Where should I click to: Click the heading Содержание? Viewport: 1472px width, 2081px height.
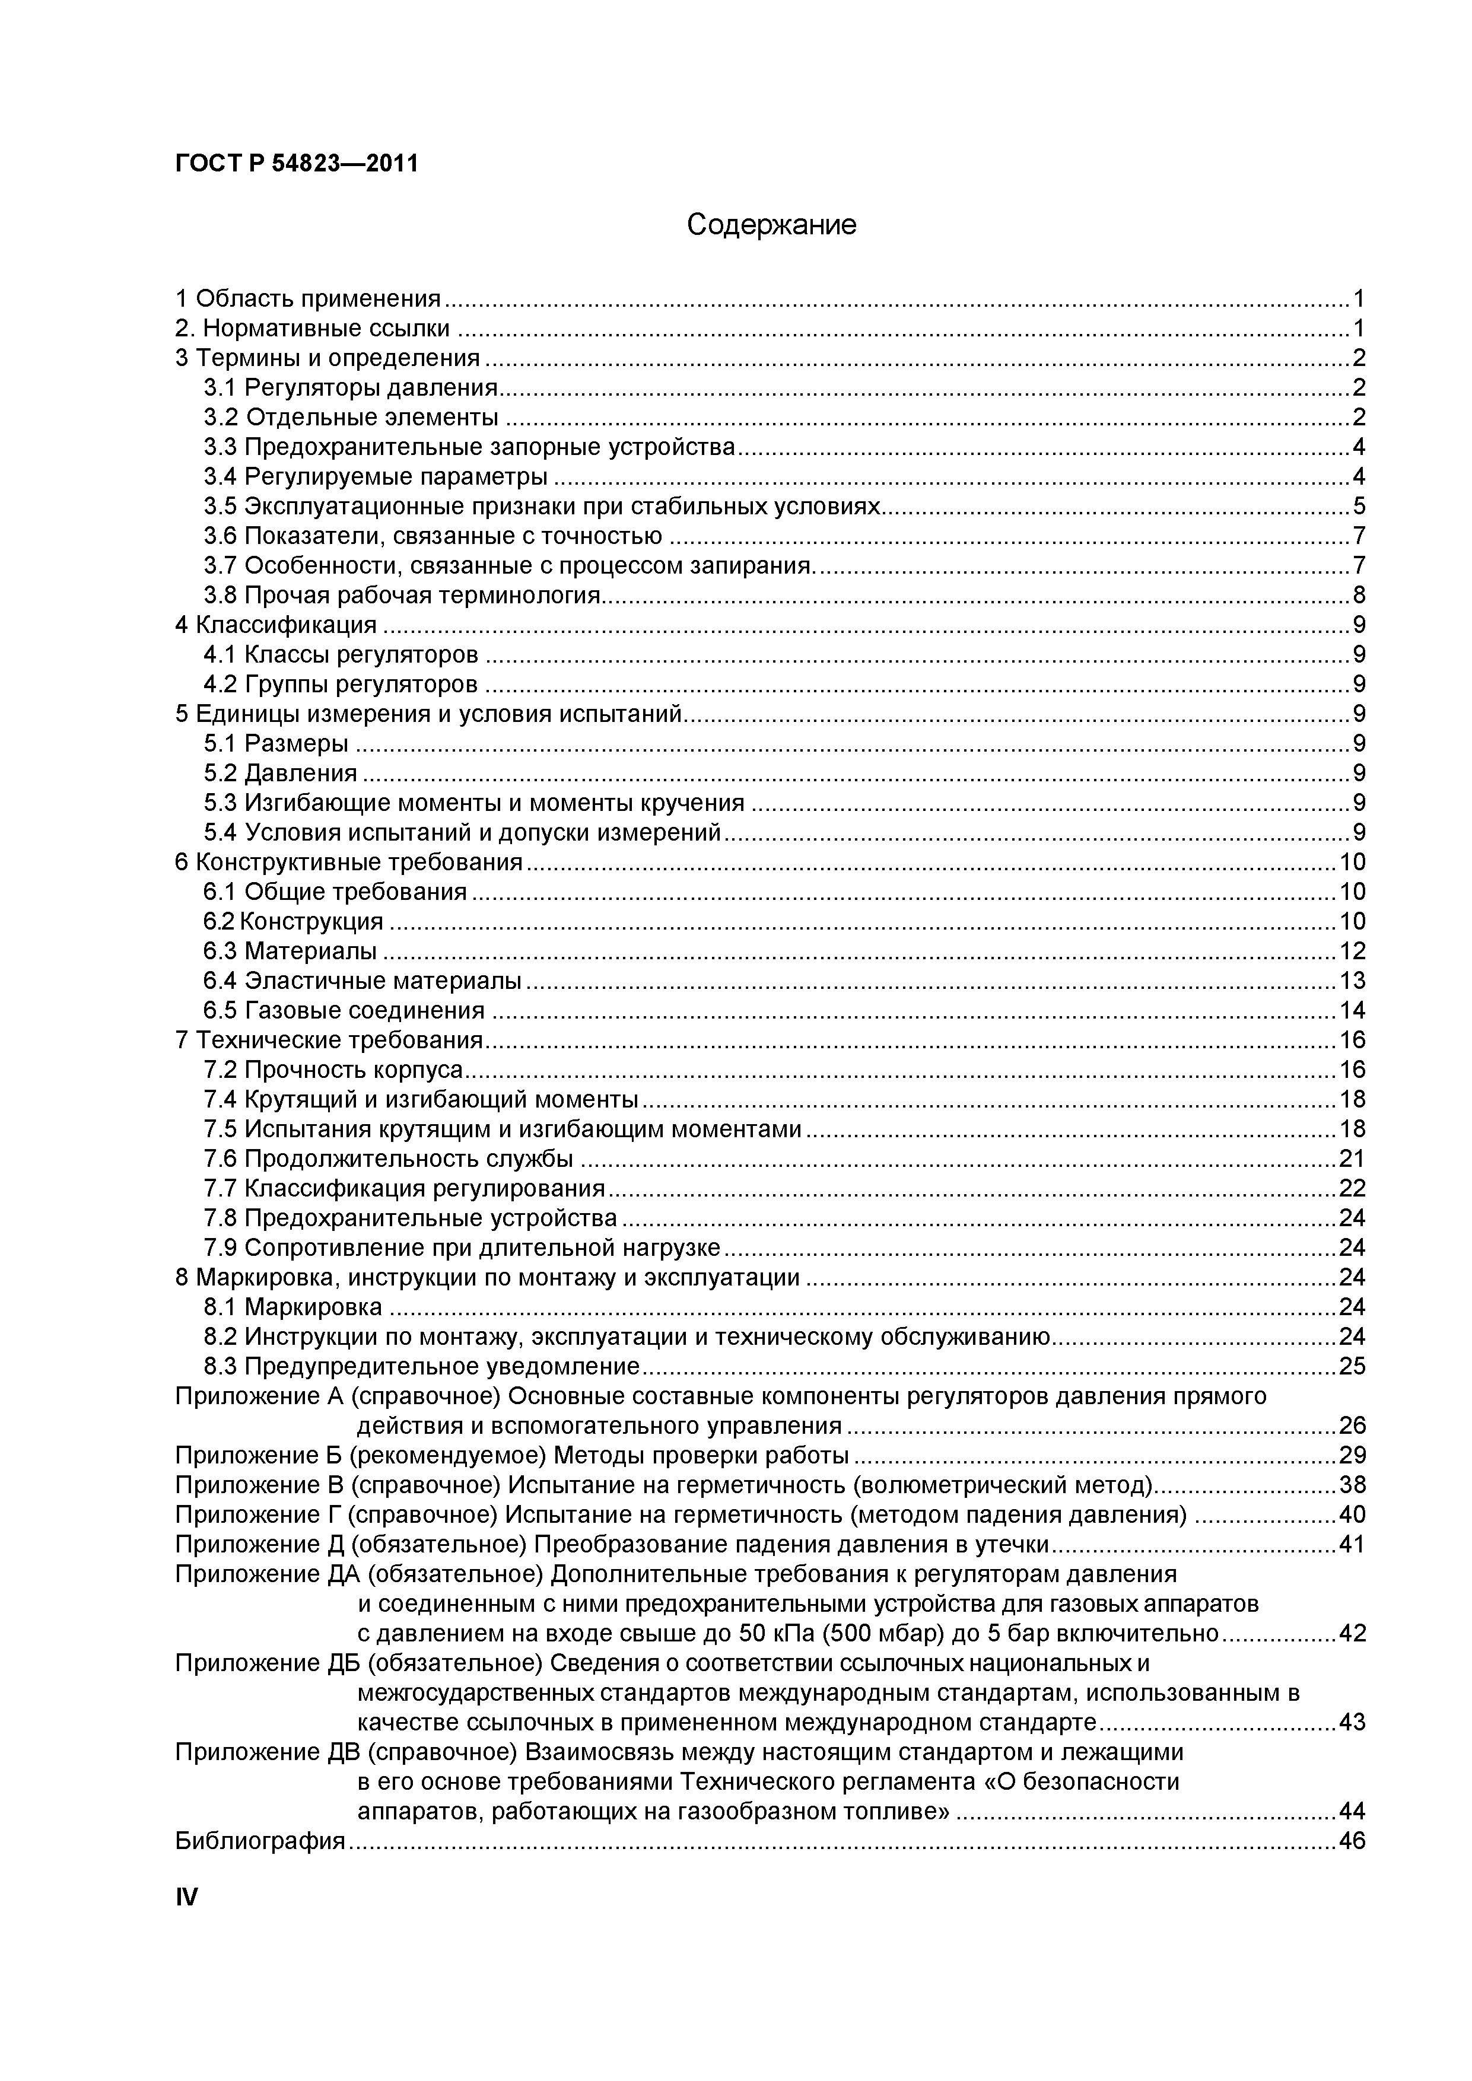(x=771, y=224)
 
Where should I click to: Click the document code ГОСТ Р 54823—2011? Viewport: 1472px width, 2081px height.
(x=297, y=164)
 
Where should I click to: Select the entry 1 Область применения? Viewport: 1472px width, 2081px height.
(x=308, y=298)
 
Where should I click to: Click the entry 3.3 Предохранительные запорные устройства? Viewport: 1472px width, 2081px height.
(x=469, y=447)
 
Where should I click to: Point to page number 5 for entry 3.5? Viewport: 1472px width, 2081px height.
(x=1359, y=506)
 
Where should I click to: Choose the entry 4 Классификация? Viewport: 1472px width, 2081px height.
(x=275, y=625)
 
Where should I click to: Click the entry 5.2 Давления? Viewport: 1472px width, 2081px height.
(x=280, y=773)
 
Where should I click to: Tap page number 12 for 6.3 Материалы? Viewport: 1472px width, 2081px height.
(x=1352, y=951)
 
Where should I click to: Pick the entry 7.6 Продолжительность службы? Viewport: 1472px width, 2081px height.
(x=388, y=1159)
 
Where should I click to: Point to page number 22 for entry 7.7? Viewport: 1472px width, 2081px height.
(x=1352, y=1188)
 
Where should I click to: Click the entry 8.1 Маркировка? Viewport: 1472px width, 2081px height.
(x=293, y=1307)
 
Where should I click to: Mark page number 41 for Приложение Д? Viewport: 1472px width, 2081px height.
(x=1352, y=1544)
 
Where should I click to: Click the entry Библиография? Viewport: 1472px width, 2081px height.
(x=260, y=1841)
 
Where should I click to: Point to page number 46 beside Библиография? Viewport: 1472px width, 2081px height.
(x=1352, y=1841)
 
